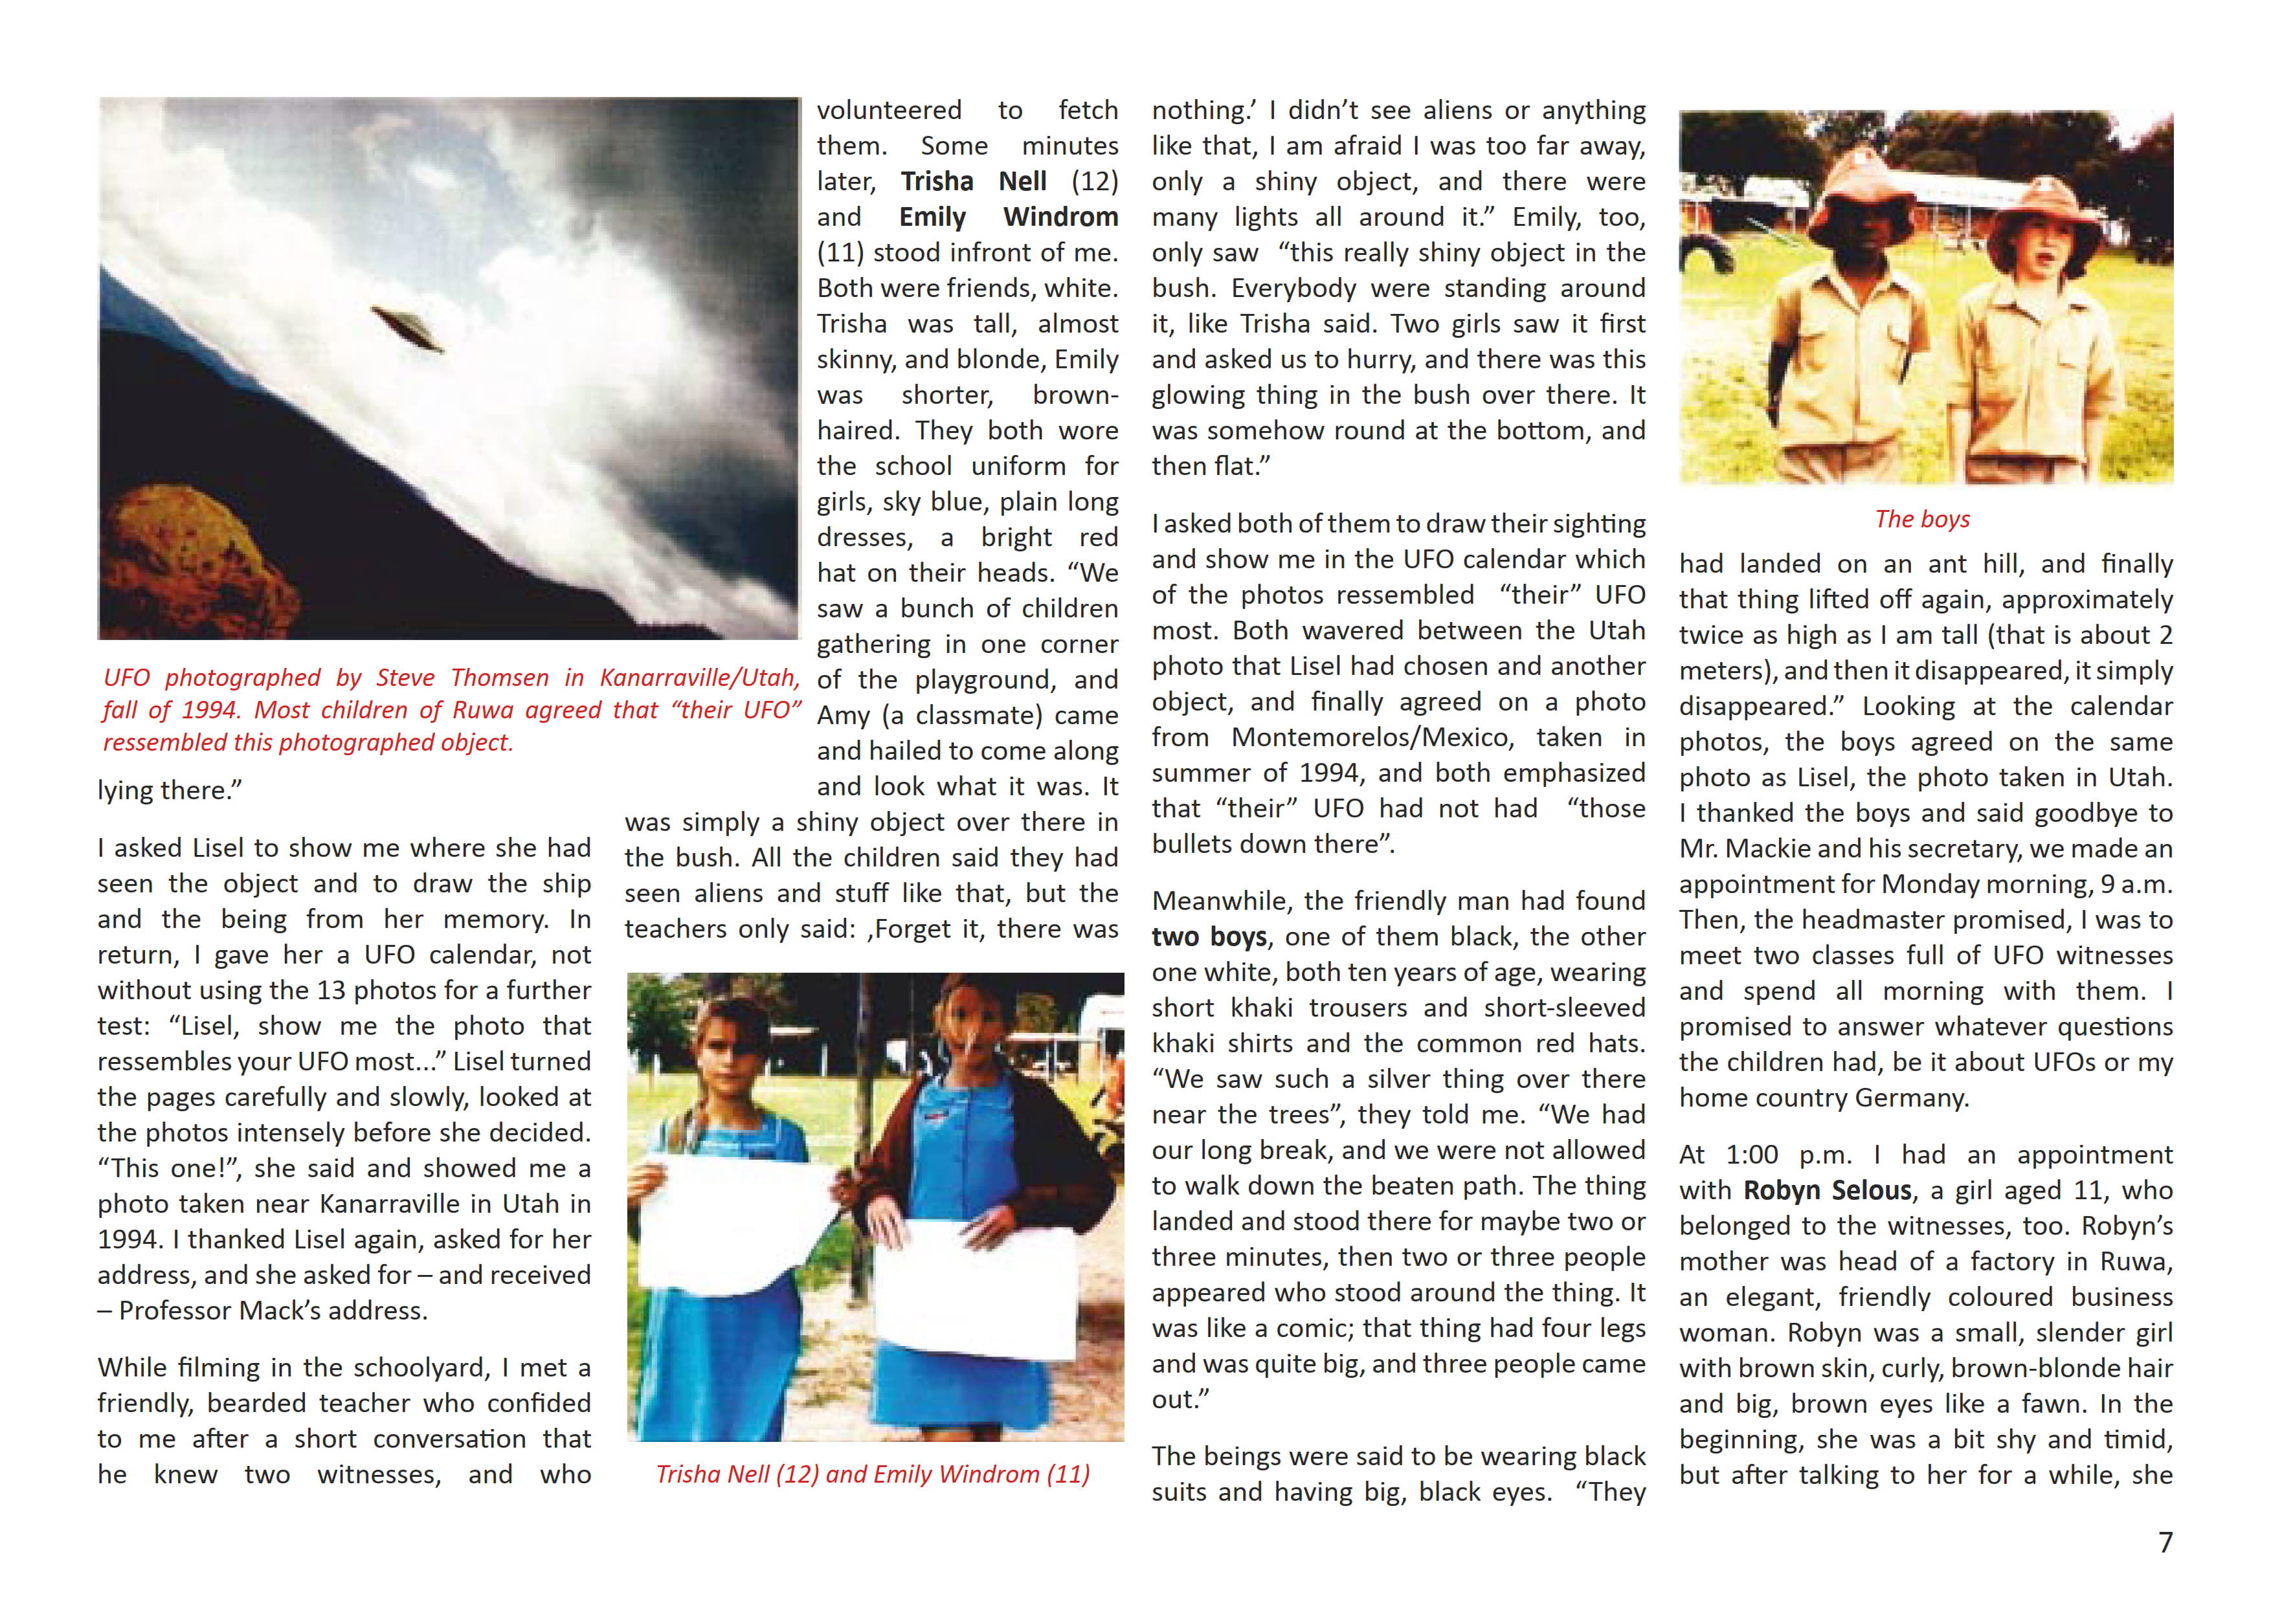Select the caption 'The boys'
click(x=1922, y=519)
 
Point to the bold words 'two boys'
click(x=1209, y=936)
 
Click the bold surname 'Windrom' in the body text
click(x=1060, y=217)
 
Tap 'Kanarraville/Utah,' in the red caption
click(x=699, y=678)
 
